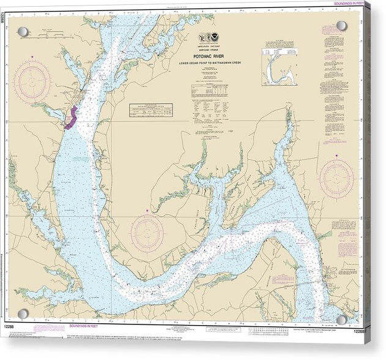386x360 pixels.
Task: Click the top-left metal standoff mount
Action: [x=23, y=31]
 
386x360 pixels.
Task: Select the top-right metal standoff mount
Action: [x=341, y=26]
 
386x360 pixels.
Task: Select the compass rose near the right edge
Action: [x=336, y=179]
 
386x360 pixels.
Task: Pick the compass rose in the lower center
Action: [x=147, y=233]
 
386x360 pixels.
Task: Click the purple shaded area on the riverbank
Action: [x=71, y=117]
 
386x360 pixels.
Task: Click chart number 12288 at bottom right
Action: [x=360, y=331]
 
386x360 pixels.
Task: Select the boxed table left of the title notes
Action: [x=150, y=110]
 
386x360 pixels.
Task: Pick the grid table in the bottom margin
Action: [x=271, y=331]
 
